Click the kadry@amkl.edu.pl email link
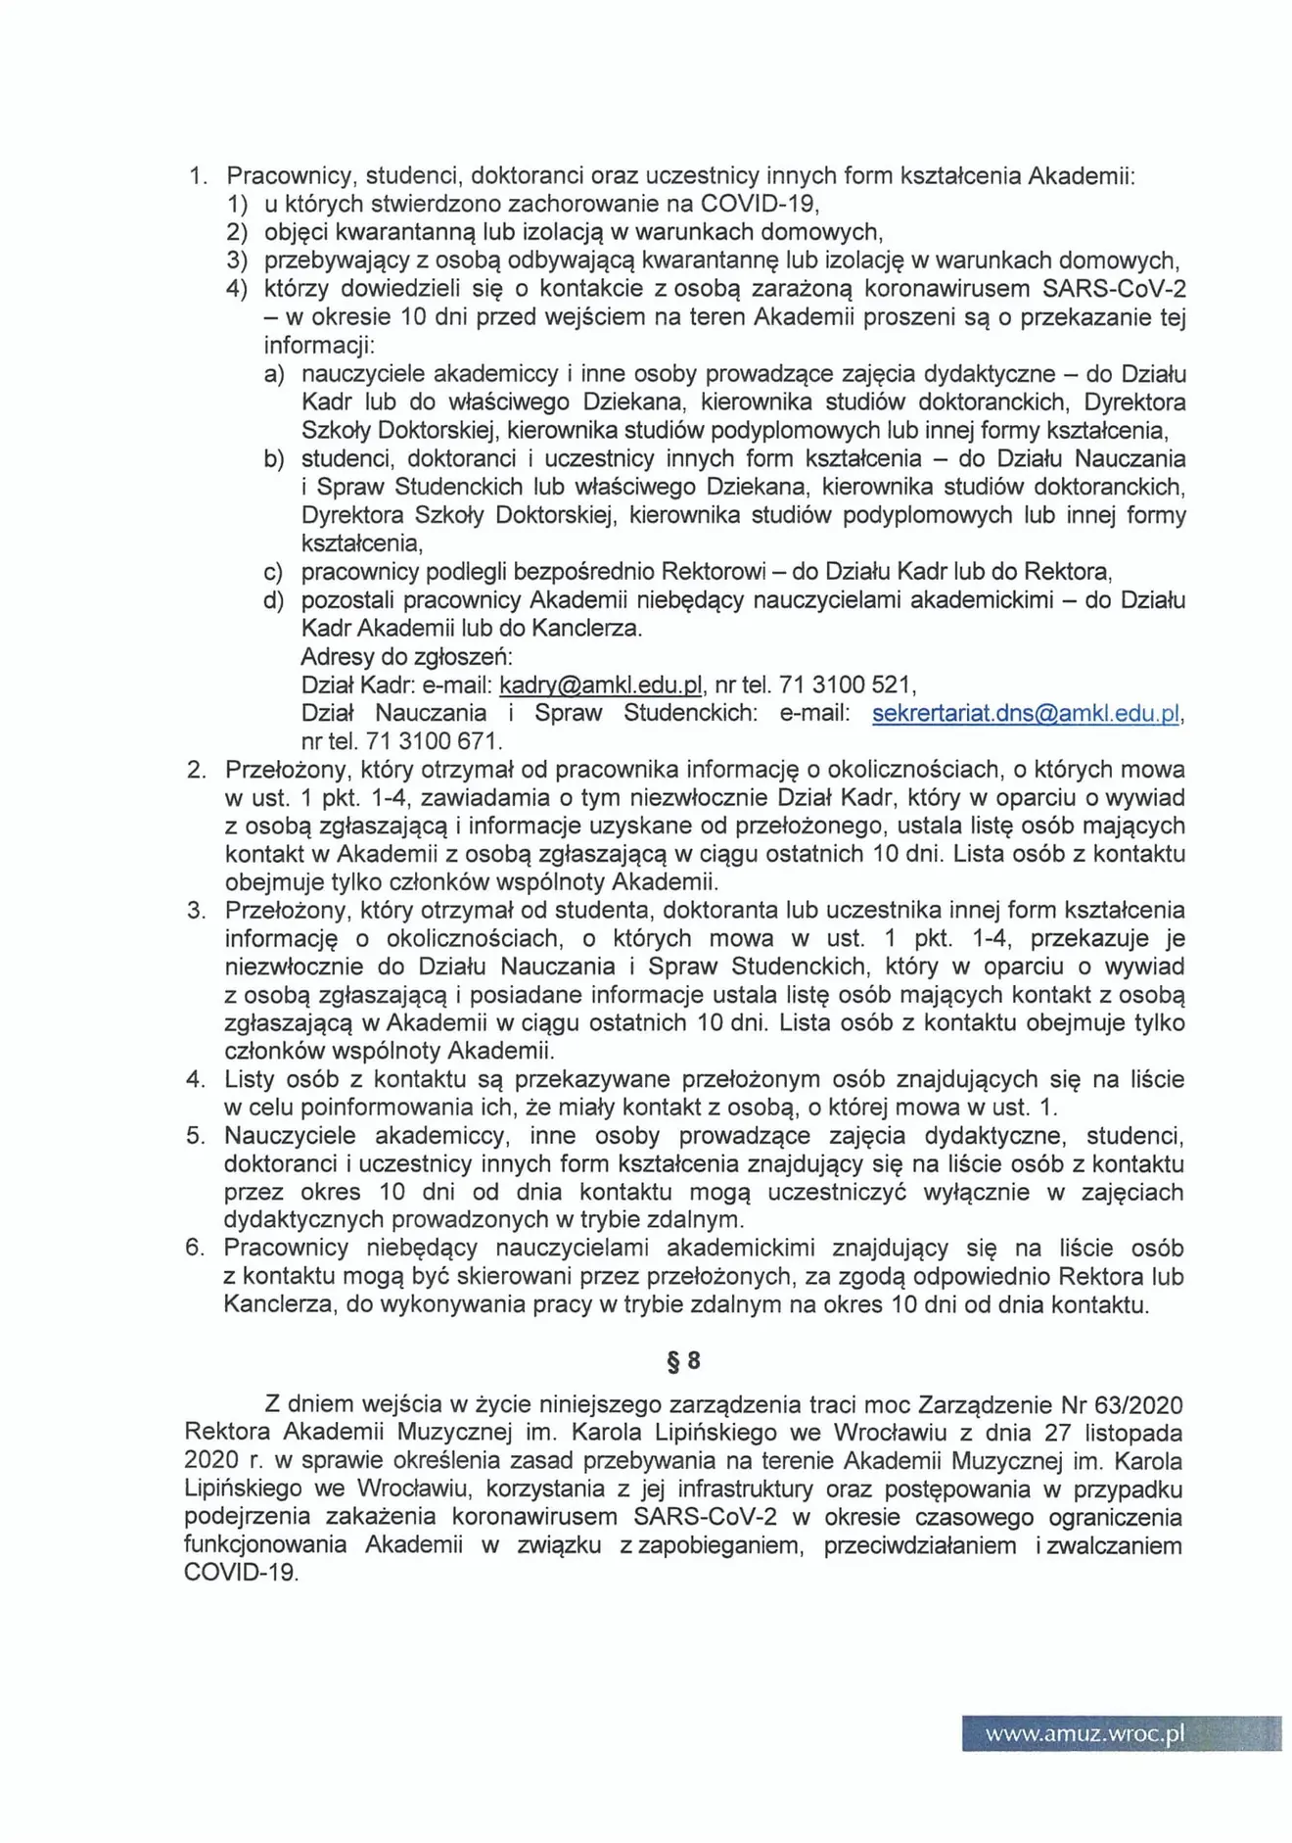pyautogui.click(x=601, y=684)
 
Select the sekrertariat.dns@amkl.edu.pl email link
pyautogui.click(x=1026, y=713)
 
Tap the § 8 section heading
pyautogui.click(x=683, y=1360)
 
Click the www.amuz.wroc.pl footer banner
pyautogui.click(x=1121, y=1733)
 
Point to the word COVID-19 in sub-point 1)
pyautogui.click(x=758, y=204)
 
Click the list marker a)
pyautogui.click(x=274, y=374)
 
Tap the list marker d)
pyautogui.click(x=274, y=600)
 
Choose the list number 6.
pyautogui.click(x=195, y=1248)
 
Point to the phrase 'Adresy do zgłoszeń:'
pyautogui.click(x=406, y=656)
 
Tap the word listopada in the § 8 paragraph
pyautogui.click(x=1136, y=1433)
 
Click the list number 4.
pyautogui.click(x=195, y=1079)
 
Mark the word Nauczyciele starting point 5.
pyautogui.click(x=290, y=1136)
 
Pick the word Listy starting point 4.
pyautogui.click(x=249, y=1079)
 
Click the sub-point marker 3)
pyautogui.click(x=237, y=260)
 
